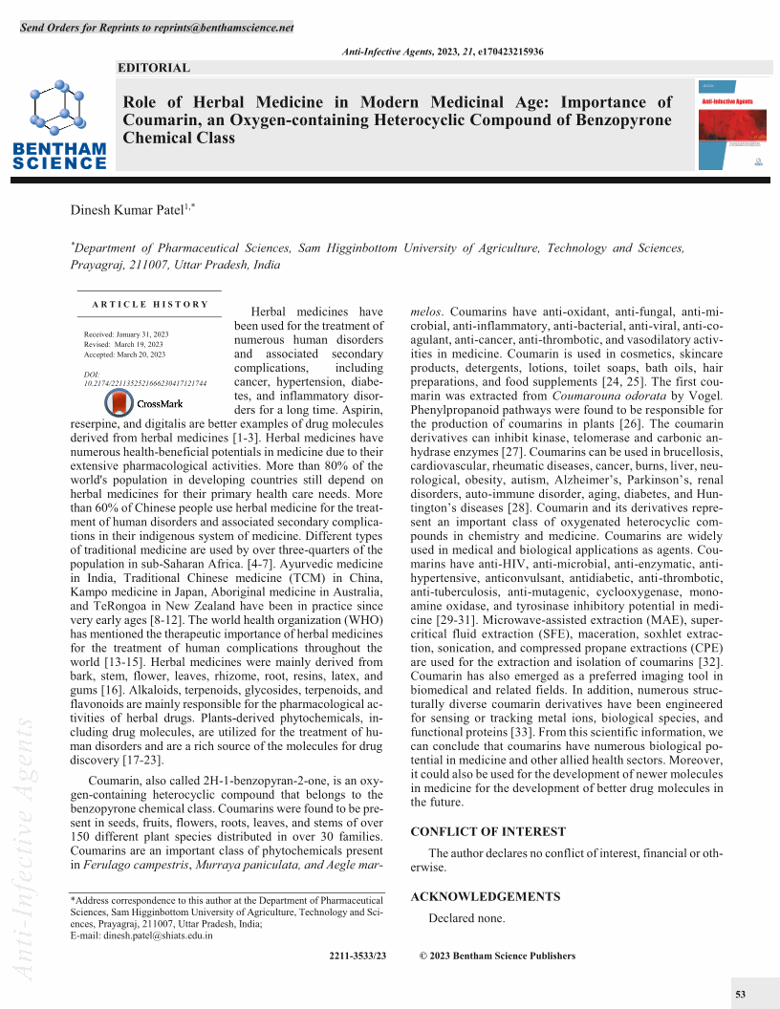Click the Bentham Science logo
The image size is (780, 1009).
pyautogui.click(x=59, y=126)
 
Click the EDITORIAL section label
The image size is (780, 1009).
pyautogui.click(x=153, y=68)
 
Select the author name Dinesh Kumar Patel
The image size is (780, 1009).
pyautogui.click(x=130, y=209)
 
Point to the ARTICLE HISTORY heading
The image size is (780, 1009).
pyautogui.click(x=150, y=304)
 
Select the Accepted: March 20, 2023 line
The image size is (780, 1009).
pyautogui.click(x=124, y=354)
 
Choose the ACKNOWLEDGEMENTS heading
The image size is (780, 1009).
pyautogui.click(x=485, y=897)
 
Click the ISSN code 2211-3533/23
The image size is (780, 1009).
pyautogui.click(x=357, y=956)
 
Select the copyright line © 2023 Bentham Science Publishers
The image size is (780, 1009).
pyautogui.click(x=498, y=956)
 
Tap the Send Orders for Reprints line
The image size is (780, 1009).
pyautogui.click(x=157, y=27)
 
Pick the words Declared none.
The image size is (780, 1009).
pyautogui.click(x=466, y=918)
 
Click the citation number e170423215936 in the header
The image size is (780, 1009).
pyautogui.click(x=509, y=51)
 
